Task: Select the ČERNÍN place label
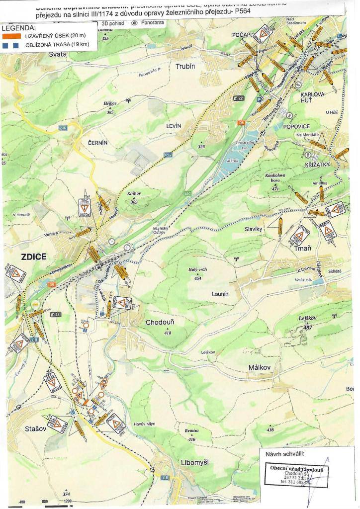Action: tap(97, 143)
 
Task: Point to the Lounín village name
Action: tap(220, 294)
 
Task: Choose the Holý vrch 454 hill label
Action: tap(197, 273)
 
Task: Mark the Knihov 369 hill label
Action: tap(134, 198)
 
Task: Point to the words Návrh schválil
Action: tap(284, 453)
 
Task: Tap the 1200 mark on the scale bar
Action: tap(68, 502)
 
